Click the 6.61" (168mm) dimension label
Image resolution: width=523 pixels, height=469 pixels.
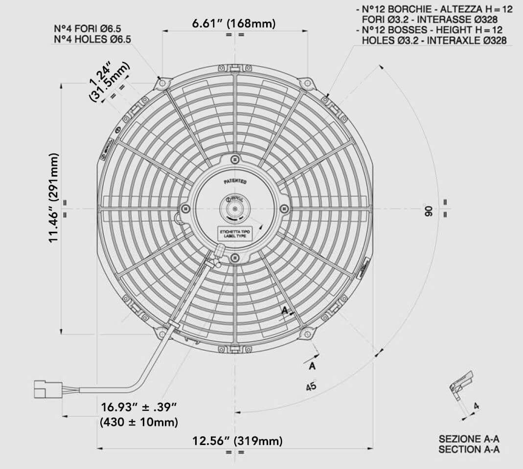pyautogui.click(x=234, y=23)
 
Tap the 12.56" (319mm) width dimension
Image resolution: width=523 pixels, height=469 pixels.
pyautogui.click(x=237, y=441)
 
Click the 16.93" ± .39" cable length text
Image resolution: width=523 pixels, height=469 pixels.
pyautogui.click(x=138, y=407)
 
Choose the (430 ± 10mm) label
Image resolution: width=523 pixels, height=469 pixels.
pyautogui.click(x=138, y=422)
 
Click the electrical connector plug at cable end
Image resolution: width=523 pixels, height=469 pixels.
pyautogui.click(x=48, y=389)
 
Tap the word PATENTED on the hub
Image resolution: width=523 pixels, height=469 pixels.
pyautogui.click(x=235, y=181)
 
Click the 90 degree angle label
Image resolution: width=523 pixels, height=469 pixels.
pyautogui.click(x=429, y=211)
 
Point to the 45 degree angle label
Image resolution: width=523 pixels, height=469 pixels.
pyautogui.click(x=311, y=386)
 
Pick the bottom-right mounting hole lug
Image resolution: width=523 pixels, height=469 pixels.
pyautogui.click(x=307, y=334)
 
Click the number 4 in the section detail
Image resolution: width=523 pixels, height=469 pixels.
pyautogui.click(x=477, y=406)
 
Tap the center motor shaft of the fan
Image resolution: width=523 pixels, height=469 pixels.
pyautogui.click(x=235, y=209)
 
